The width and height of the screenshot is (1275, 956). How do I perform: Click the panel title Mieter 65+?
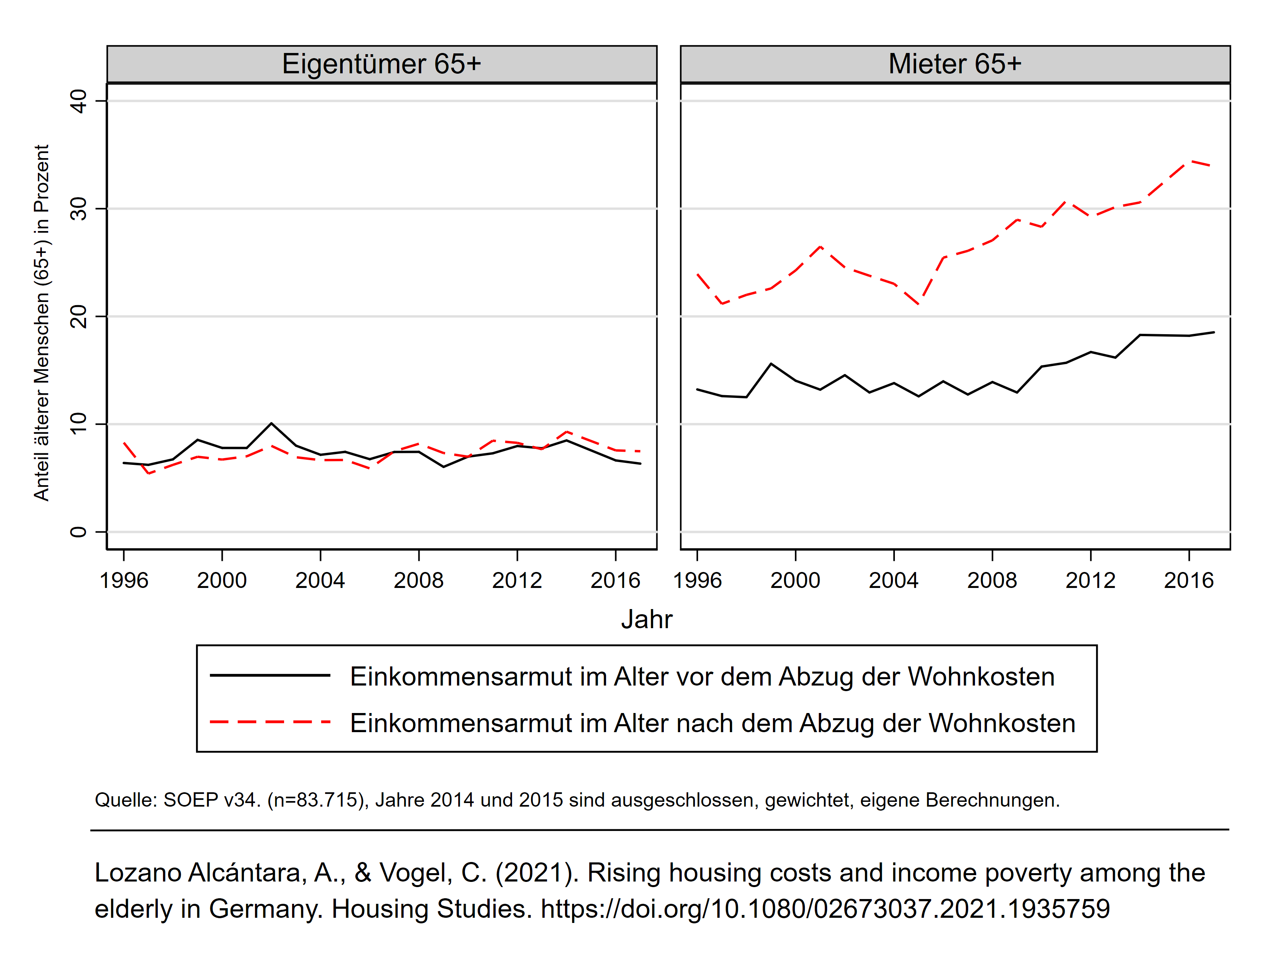tap(955, 64)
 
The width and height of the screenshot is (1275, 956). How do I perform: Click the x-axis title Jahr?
tap(646, 619)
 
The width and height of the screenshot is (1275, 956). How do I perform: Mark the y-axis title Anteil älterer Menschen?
tap(41, 323)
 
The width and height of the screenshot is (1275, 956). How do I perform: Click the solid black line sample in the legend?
tap(270, 675)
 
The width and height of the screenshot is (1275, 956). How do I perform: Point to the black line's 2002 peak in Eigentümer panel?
tap(271, 423)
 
